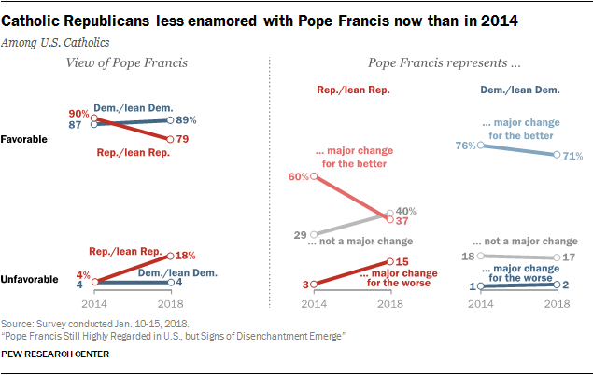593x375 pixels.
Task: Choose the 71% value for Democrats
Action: click(572, 155)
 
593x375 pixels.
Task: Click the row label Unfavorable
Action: click(29, 279)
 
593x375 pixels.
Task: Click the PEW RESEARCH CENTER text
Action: click(55, 355)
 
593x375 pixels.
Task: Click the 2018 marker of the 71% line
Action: click(557, 155)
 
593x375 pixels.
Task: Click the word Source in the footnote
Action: click(20, 321)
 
